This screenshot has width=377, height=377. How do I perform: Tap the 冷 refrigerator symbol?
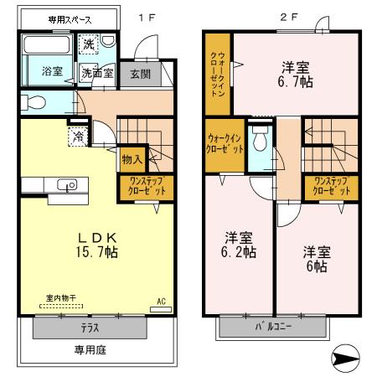[x=77, y=133]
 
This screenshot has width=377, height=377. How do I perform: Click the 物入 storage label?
[x=132, y=157]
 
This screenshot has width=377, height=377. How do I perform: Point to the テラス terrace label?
[x=90, y=328]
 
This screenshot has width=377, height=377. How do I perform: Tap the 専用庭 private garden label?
[x=90, y=351]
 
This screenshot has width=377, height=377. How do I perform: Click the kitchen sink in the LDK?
[x=64, y=185]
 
